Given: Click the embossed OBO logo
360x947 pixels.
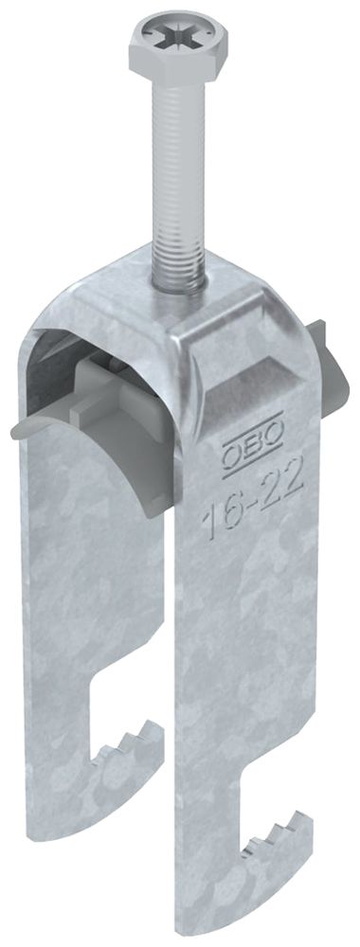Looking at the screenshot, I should click(253, 433).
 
